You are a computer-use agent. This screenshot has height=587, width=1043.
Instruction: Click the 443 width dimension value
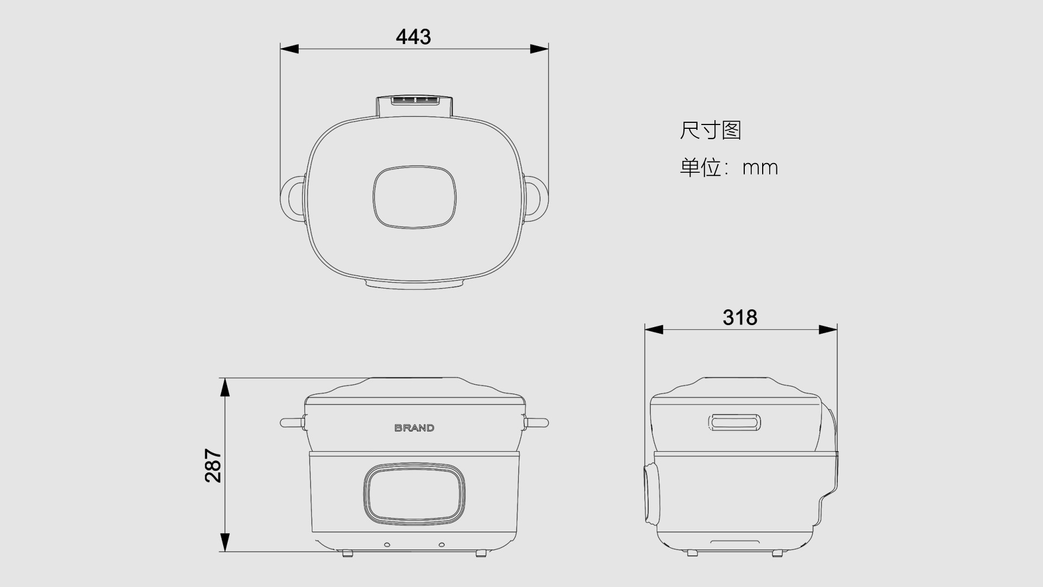(x=413, y=37)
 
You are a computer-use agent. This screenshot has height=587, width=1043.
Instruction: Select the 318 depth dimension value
(x=740, y=317)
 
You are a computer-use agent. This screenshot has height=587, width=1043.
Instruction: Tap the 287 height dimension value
(x=213, y=466)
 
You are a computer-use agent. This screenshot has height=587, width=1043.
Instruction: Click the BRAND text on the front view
(x=414, y=428)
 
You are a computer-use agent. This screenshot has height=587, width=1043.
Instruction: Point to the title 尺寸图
(x=711, y=130)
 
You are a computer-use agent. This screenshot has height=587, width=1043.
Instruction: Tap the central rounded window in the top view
(x=414, y=197)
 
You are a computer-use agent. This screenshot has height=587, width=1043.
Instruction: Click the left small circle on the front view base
(x=387, y=545)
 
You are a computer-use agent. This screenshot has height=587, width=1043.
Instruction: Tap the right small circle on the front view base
(x=442, y=545)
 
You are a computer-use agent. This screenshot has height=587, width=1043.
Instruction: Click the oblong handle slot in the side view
(x=734, y=422)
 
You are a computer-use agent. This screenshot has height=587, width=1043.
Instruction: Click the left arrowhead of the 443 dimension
(x=290, y=49)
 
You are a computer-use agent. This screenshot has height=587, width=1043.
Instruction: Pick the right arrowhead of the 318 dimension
(x=828, y=329)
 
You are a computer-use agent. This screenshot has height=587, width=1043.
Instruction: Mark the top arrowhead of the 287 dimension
(x=224, y=388)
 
